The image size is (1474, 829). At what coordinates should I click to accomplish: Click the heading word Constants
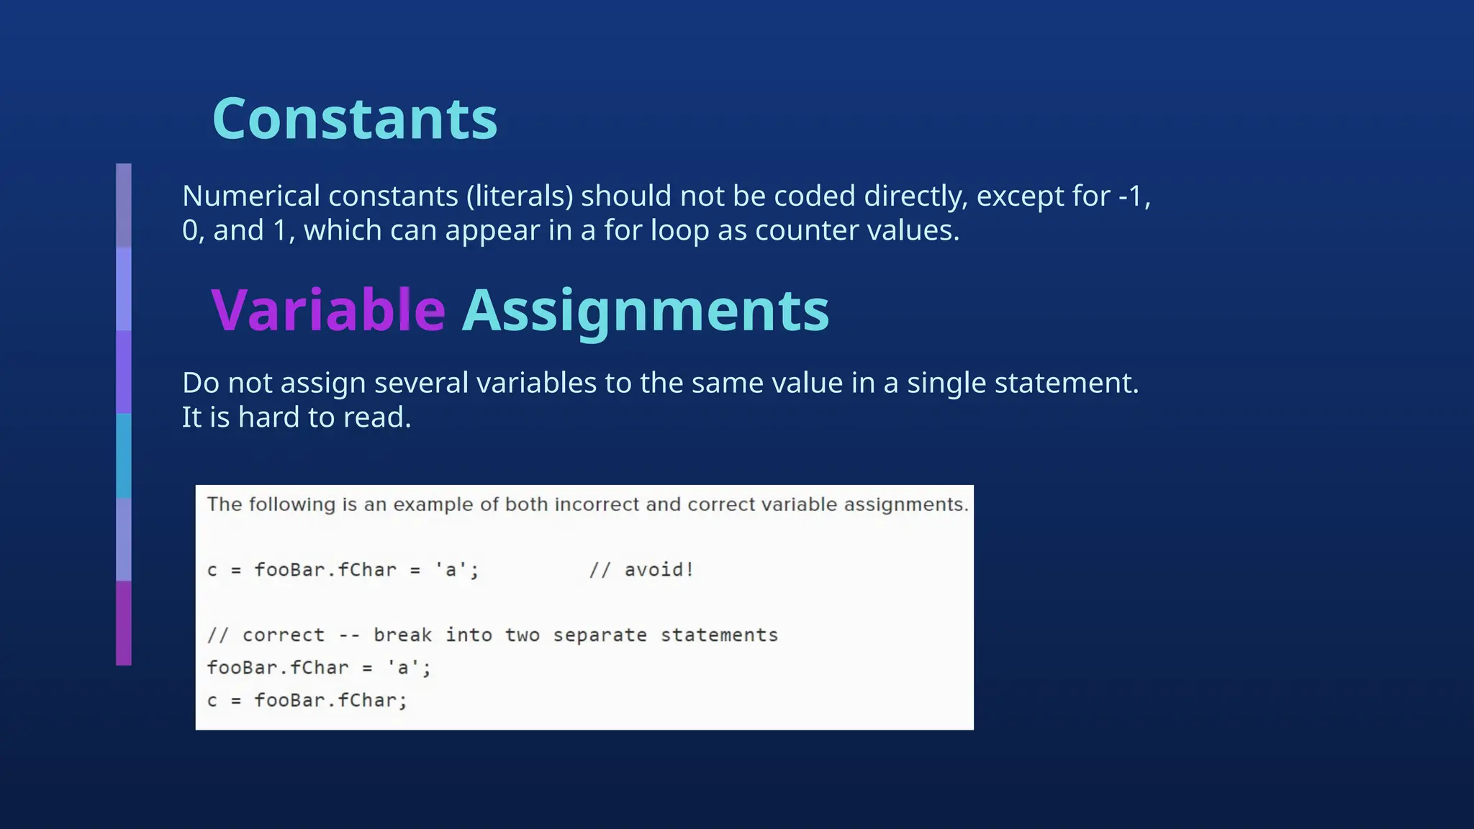click(x=355, y=119)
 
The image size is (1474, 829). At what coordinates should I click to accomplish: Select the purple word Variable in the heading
click(x=328, y=310)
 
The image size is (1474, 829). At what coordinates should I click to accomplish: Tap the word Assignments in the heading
click(x=646, y=310)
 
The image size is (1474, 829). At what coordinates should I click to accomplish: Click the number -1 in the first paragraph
click(x=1132, y=196)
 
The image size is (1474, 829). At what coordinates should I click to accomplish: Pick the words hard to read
click(x=325, y=417)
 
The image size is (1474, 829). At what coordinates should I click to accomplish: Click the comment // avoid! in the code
click(x=641, y=570)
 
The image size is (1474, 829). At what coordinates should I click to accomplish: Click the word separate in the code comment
click(x=600, y=635)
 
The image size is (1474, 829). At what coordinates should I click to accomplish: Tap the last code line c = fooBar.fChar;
click(x=307, y=700)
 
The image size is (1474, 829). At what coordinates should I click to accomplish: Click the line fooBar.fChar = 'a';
click(x=319, y=668)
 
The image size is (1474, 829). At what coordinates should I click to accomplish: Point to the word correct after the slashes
click(x=284, y=635)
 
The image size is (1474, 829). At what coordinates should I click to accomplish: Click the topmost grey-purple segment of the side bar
click(x=124, y=205)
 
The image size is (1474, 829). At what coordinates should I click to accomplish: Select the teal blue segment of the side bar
click(x=124, y=456)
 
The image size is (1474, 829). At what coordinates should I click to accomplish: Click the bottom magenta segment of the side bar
click(x=124, y=623)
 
